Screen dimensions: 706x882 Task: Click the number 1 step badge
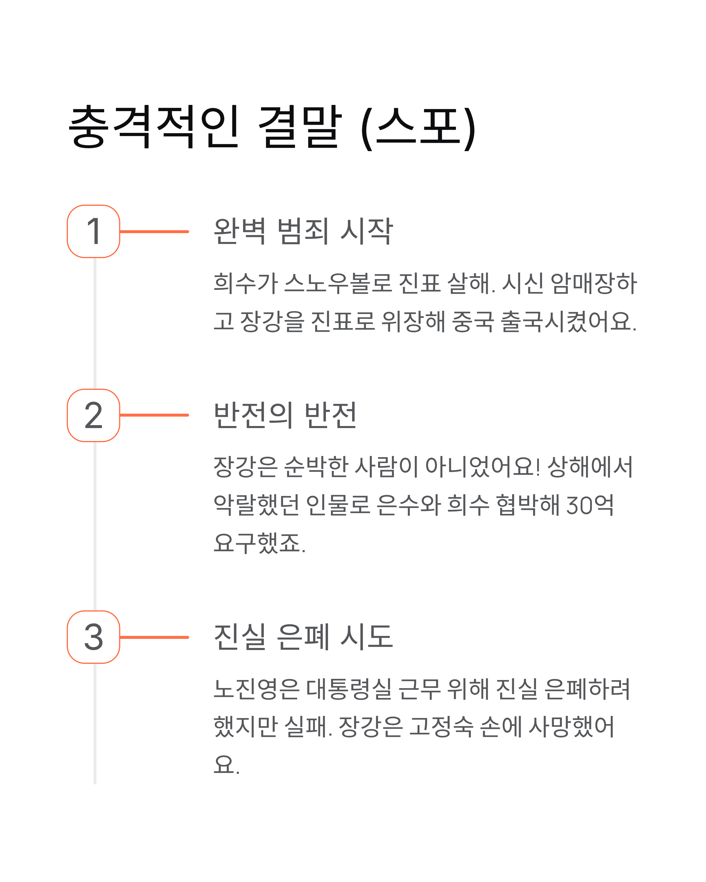[x=93, y=232]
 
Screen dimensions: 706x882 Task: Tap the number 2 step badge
[x=93, y=415]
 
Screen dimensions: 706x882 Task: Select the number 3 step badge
[x=93, y=637]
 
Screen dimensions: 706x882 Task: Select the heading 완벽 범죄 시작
[x=303, y=232]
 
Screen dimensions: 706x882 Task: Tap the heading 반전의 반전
[x=285, y=415]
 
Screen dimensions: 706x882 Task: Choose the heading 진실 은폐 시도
[x=303, y=637]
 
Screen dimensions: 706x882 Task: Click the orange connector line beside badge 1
[x=154, y=232]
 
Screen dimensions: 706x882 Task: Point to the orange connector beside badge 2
[x=154, y=415]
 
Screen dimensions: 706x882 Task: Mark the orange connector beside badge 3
[x=154, y=637]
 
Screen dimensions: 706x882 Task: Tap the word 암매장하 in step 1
[x=593, y=283]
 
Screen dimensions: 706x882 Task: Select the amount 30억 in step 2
[x=590, y=505]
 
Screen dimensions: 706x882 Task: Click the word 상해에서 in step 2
[x=590, y=467]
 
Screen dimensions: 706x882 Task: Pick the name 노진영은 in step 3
[x=257, y=689]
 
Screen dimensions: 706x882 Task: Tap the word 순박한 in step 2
[x=316, y=467]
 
